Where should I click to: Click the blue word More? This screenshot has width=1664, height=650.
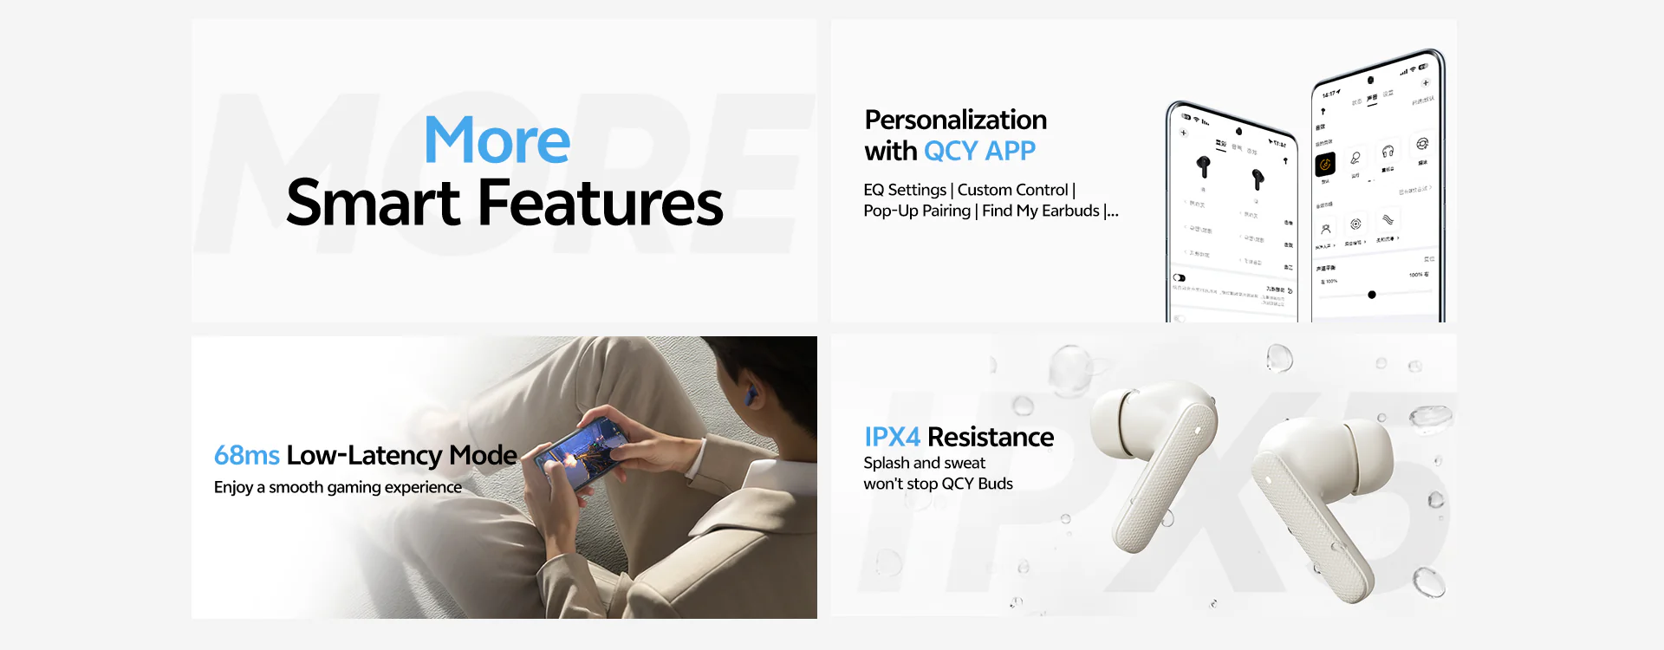point(497,141)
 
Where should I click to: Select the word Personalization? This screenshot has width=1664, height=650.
point(955,120)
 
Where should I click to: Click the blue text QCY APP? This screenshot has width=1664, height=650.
point(979,152)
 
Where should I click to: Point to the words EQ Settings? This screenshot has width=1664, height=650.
point(904,190)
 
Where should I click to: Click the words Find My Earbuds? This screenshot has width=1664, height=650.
point(1040,211)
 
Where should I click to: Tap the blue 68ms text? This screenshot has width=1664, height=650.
point(246,455)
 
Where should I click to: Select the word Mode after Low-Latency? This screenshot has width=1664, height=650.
point(483,455)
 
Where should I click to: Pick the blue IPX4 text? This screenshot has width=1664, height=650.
point(892,437)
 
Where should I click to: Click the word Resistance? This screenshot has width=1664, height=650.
point(991,437)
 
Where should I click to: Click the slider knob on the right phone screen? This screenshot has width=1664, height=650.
point(1371,295)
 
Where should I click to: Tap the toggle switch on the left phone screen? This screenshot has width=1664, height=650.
point(1179,278)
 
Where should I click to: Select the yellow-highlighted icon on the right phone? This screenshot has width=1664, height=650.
point(1325,164)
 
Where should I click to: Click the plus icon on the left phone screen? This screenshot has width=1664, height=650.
point(1184,133)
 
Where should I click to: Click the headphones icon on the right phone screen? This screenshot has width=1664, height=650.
point(1388,152)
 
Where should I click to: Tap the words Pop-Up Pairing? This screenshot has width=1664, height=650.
point(916,211)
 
